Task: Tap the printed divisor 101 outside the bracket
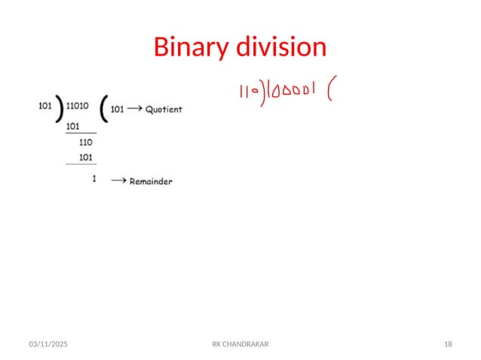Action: pos(46,106)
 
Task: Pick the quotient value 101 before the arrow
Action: pos(117,108)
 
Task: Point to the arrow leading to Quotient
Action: pos(136,109)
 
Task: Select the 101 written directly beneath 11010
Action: pos(74,127)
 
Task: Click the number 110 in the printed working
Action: pos(85,142)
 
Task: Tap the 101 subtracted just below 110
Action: pos(85,157)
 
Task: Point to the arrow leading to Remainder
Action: pos(118,181)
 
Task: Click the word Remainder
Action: pos(151,182)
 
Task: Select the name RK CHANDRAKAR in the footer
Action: pos(240,343)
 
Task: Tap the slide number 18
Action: pos(448,343)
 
